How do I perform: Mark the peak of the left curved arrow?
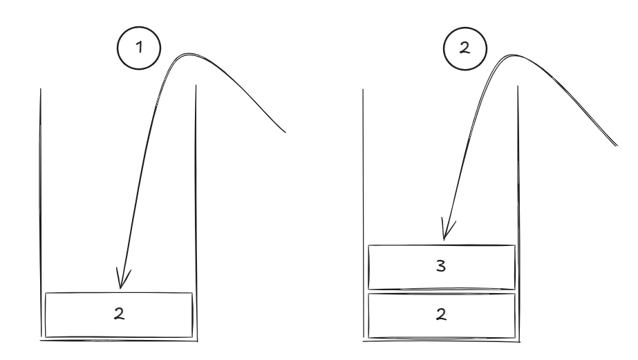coord(187,54)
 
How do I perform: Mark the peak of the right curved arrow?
coord(514,55)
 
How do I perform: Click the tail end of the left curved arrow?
coord(285,132)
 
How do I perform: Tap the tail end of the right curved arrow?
coord(617,145)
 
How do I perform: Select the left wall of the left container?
coord(41,213)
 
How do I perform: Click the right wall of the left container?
coord(196,213)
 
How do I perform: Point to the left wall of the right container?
coord(364,214)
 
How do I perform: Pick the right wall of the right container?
coord(518,214)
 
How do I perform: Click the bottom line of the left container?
coord(119,340)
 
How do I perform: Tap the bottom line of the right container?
coord(442,341)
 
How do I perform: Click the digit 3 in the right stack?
coord(441,265)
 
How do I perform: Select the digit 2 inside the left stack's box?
coord(119,314)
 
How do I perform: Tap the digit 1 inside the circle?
coord(139,47)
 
